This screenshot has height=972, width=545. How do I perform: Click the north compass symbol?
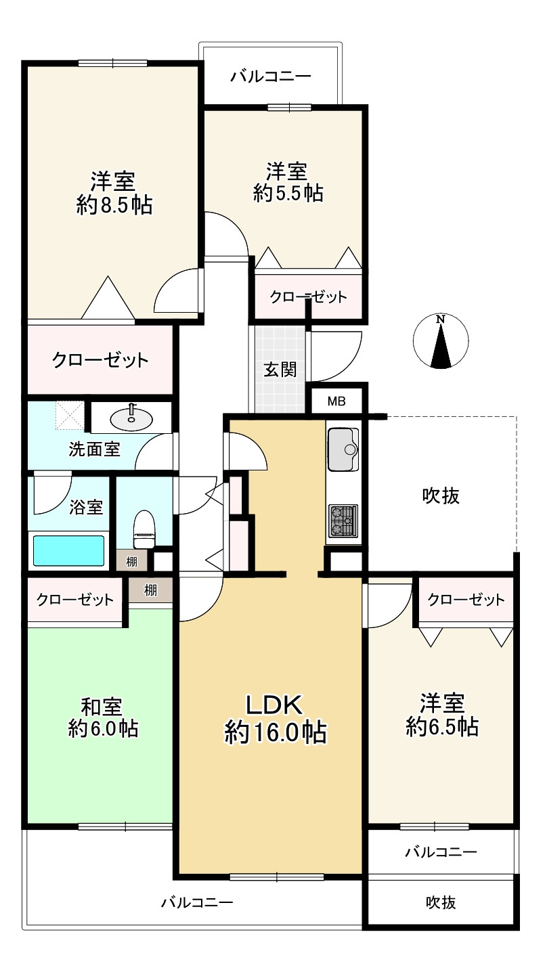click(441, 341)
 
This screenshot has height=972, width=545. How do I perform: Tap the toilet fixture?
click(144, 529)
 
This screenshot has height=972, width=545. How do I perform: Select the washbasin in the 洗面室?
click(131, 419)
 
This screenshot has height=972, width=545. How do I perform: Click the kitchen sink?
click(343, 449)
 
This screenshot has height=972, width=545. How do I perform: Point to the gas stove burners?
click(343, 521)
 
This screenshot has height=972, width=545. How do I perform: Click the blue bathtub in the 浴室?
click(68, 551)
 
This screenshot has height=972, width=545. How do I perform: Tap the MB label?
click(336, 401)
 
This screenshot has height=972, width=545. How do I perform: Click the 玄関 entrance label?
click(280, 370)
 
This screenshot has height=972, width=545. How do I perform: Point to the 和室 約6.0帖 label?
click(104, 717)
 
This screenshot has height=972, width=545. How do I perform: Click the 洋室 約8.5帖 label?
click(114, 193)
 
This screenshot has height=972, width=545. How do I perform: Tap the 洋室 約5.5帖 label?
click(288, 182)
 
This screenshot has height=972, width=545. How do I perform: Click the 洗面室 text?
click(94, 449)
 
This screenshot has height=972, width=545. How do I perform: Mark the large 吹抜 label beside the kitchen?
click(441, 495)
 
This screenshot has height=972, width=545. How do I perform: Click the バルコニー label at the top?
click(271, 76)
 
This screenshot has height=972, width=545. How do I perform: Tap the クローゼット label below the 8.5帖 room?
click(100, 360)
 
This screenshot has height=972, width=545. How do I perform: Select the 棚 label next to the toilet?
click(131, 562)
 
